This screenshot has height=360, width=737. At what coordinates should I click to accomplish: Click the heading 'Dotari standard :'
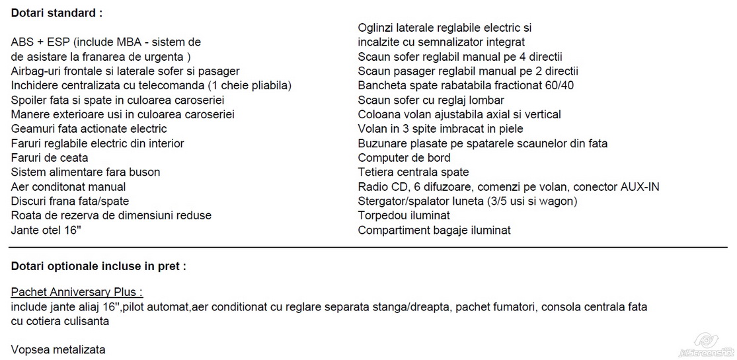pos(56,13)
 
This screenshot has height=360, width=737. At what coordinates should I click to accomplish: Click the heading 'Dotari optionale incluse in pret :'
pos(98,266)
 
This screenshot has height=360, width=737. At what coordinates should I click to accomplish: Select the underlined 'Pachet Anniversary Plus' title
pos(77,292)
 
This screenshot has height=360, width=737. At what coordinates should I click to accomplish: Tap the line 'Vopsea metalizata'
pos(58,349)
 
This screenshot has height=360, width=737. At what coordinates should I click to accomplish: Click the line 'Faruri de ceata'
pos(50,158)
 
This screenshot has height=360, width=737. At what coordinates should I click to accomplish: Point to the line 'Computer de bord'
pos(404,158)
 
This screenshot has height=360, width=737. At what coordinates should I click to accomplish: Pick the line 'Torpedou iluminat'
pos(404,215)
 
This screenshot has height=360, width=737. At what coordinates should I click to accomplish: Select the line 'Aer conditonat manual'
pos(68,187)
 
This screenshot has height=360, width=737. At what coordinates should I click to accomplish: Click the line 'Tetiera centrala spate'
pos(413,172)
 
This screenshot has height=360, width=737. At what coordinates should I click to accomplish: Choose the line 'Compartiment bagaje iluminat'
pos(434,230)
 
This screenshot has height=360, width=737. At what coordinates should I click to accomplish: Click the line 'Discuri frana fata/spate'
pos(70,201)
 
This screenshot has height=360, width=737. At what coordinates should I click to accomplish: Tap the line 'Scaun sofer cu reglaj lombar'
pos(431,100)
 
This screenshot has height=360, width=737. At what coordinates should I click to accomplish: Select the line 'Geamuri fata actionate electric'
pos(89,129)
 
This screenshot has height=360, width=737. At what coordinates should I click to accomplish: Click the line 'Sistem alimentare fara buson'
pos(85,172)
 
